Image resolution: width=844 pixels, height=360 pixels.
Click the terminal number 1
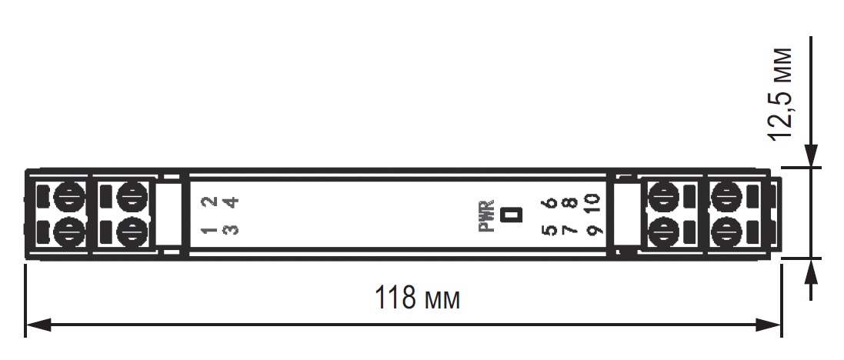[208, 229]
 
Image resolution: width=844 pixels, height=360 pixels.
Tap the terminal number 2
[208, 202]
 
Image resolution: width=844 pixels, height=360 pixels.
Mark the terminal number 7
[570, 229]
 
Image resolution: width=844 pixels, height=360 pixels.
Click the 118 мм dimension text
[417, 297]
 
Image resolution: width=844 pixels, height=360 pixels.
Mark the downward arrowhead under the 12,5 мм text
[810, 155]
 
